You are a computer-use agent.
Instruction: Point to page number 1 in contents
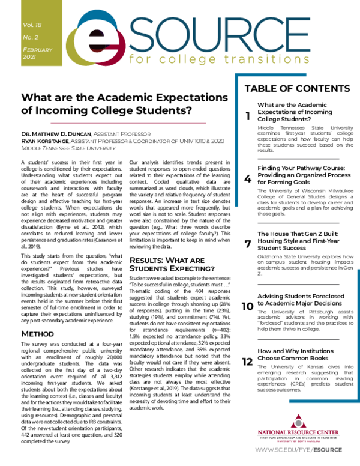248,116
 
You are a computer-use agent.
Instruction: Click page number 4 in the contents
248,178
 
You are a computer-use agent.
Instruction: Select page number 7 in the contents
248,243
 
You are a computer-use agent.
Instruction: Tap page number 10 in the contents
247,306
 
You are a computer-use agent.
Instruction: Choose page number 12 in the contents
247,362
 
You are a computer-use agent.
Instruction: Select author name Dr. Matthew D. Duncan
55,133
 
